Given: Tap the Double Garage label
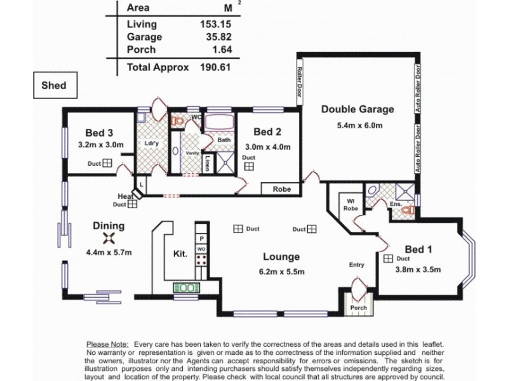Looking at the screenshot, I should coord(357,109).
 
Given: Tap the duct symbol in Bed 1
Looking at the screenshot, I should coord(388,258).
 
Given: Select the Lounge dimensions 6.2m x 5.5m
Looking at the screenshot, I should coord(281,272).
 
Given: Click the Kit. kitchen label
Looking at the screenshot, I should coord(180,254).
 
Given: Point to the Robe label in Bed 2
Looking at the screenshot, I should coord(282,189).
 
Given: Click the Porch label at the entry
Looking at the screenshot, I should coord(359,308).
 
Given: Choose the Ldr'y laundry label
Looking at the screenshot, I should coord(152,144).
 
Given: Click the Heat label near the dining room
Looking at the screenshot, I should coord(125,196).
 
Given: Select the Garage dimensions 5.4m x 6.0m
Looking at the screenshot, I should coord(359,125).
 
